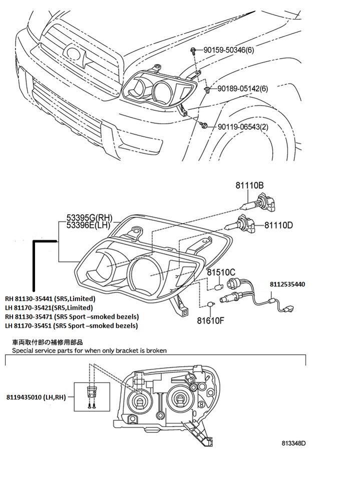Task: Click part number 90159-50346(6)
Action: [228, 50]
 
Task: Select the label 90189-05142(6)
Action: [243, 89]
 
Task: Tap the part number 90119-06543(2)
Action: [243, 127]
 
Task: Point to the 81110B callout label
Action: [249, 186]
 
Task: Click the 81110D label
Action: [279, 225]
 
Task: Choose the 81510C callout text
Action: [221, 273]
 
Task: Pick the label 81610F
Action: [210, 320]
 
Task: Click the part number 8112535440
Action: [287, 284]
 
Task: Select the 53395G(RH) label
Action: [89, 219]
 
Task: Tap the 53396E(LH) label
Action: [89, 225]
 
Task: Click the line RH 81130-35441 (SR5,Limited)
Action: [50, 299]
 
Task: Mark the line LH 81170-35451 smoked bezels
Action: [72, 326]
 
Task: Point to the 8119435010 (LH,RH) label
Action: [36, 397]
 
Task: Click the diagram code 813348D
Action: [293, 443]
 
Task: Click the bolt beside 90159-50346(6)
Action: [193, 50]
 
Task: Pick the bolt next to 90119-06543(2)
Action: [203, 125]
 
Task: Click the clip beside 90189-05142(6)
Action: [207, 89]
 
